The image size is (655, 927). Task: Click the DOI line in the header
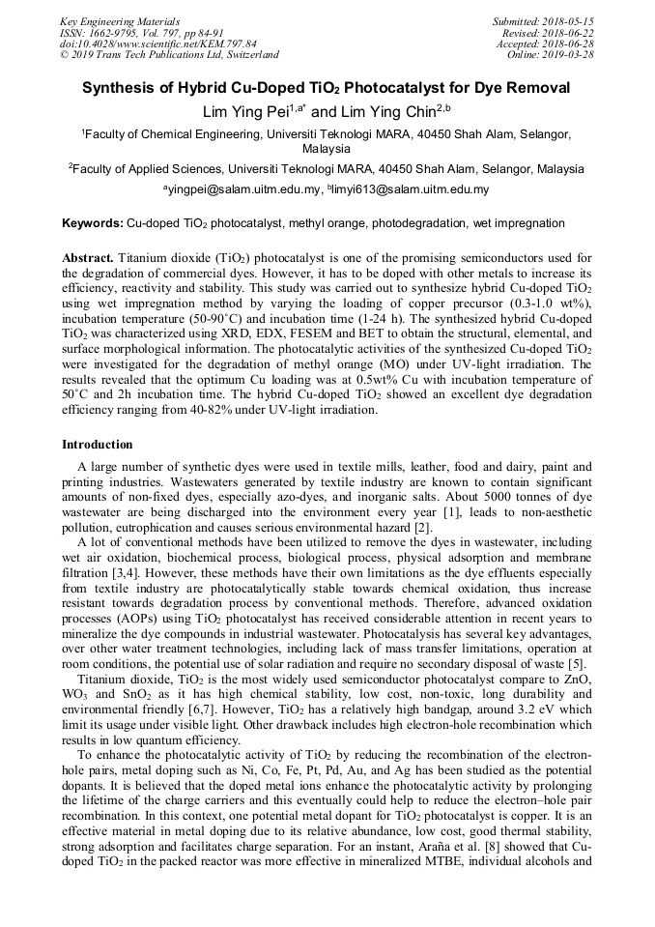click(157, 43)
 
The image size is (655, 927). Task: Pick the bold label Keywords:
click(93, 223)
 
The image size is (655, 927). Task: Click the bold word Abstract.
click(88, 258)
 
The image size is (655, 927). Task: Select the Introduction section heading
click(98, 445)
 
